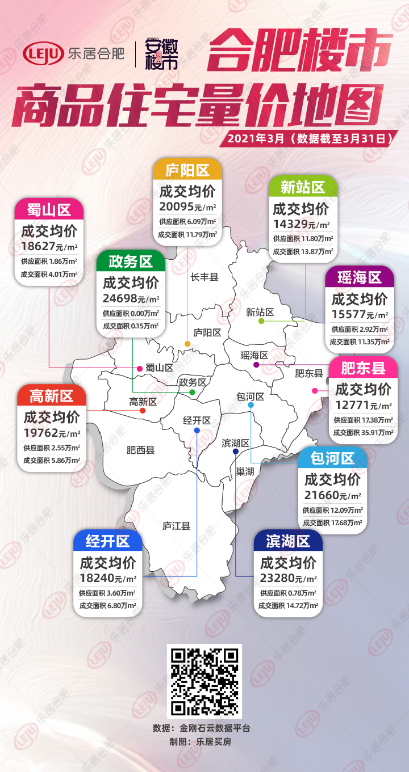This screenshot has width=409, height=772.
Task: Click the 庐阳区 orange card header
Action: tap(187, 170)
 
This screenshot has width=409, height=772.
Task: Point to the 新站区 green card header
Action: tap(302, 187)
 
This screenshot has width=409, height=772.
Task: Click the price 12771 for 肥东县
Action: tap(352, 405)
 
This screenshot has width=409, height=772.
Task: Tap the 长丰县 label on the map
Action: tap(204, 277)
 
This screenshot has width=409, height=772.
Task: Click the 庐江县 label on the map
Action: tap(176, 526)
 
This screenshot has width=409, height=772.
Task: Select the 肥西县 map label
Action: tap(140, 450)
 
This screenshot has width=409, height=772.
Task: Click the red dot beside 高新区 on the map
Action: tap(143, 411)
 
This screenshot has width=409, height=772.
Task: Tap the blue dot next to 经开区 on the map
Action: tap(197, 431)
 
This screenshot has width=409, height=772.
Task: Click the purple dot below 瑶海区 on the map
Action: tap(256, 364)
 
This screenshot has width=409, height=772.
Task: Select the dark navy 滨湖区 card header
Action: tap(288, 541)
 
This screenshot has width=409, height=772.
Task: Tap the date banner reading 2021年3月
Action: tap(310, 138)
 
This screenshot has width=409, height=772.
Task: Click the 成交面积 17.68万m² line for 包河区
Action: tap(333, 523)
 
